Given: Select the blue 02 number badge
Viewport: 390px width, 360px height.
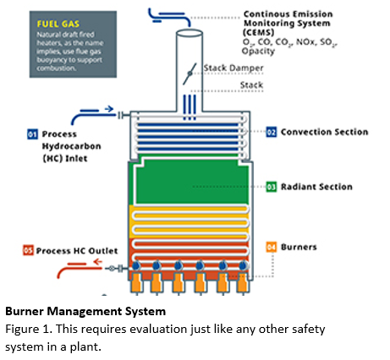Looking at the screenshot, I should [272, 132].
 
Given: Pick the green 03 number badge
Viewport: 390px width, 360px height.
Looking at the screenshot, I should [272, 186].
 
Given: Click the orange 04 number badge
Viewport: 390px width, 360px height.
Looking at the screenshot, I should [272, 247].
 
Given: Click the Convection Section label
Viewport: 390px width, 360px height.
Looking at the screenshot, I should [324, 132].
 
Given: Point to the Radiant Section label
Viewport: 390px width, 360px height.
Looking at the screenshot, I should [316, 186].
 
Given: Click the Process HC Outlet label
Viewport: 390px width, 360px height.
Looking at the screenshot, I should [68, 250].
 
